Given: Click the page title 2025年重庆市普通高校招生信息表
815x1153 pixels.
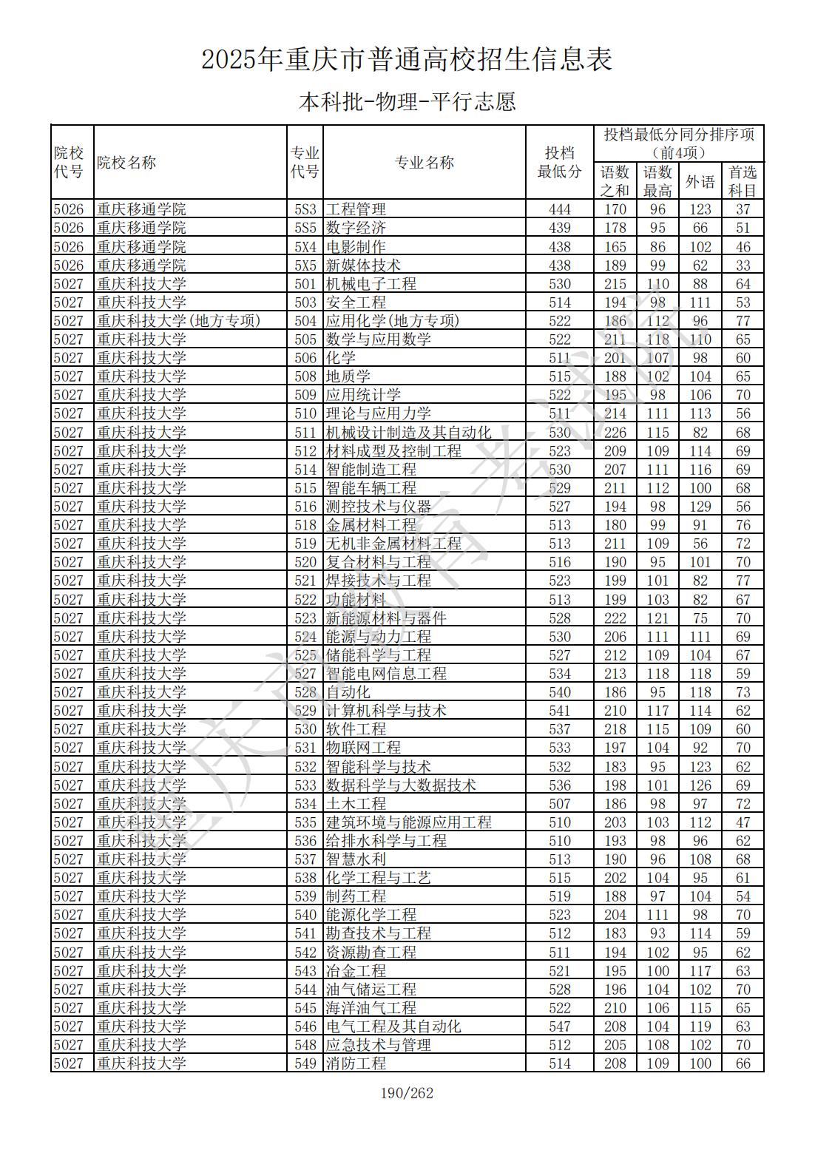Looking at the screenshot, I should pyautogui.click(x=407, y=59).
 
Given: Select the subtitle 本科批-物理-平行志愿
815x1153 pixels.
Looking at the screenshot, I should pyautogui.click(x=407, y=101).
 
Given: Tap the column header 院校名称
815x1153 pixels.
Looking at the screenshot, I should pyautogui.click(x=126, y=163).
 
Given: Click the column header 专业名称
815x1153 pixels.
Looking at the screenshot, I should pyautogui.click(x=424, y=163).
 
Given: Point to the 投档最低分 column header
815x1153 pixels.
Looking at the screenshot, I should pyautogui.click(x=559, y=163).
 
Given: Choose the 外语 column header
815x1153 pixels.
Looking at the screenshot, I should pyautogui.click(x=700, y=181).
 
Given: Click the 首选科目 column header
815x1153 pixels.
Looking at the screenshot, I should pyautogui.click(x=743, y=181).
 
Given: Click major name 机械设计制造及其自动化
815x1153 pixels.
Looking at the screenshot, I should pyautogui.click(x=408, y=433).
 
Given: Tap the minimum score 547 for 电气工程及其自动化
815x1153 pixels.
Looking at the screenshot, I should pyautogui.click(x=560, y=1027).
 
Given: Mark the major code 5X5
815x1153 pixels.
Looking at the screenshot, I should pyautogui.click(x=305, y=266).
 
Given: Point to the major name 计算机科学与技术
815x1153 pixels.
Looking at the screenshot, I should pyautogui.click(x=386, y=711).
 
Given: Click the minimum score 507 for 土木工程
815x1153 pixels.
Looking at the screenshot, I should pyautogui.click(x=560, y=804).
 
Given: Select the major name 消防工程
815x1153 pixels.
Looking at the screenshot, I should pyautogui.click(x=356, y=1064).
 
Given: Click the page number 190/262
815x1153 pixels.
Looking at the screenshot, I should pyautogui.click(x=407, y=1093).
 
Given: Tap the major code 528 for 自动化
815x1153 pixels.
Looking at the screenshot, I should pyautogui.click(x=305, y=692).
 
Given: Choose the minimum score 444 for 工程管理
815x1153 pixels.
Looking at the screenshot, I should pyautogui.click(x=560, y=209).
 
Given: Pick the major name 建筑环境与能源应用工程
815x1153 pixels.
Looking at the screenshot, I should pyautogui.click(x=408, y=822).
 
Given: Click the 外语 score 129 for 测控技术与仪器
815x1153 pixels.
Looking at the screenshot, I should pyautogui.click(x=700, y=507).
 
